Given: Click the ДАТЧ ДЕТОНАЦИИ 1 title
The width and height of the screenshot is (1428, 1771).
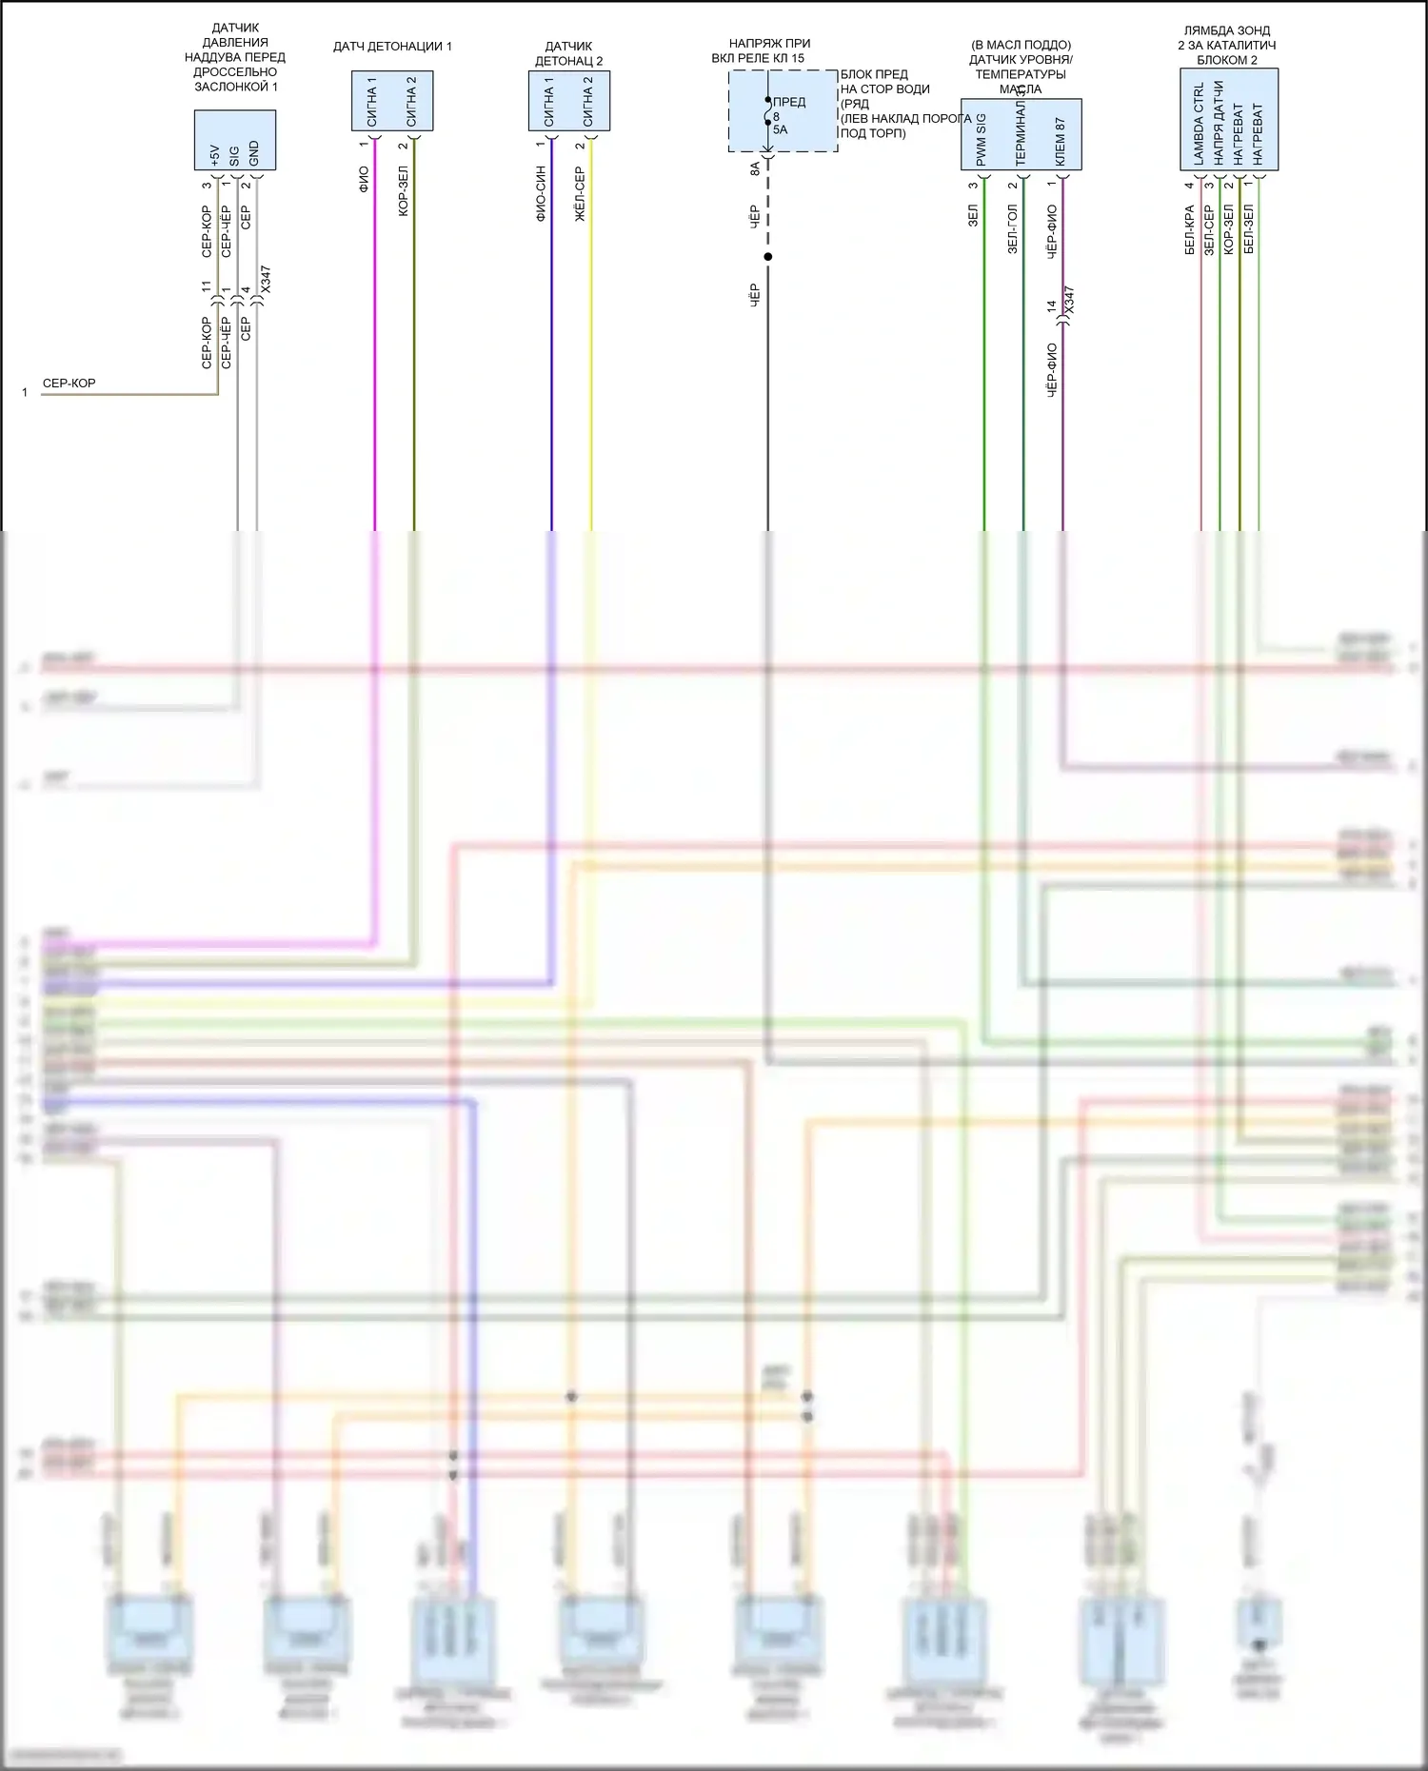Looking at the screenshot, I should (392, 47).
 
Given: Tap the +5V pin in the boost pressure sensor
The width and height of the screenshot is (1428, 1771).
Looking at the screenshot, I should (214, 154).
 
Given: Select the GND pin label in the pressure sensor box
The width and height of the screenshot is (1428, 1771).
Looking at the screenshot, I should (254, 153).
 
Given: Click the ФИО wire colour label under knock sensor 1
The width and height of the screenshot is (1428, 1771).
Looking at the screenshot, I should (364, 179).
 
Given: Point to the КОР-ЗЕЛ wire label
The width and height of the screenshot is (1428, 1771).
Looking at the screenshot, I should (404, 191).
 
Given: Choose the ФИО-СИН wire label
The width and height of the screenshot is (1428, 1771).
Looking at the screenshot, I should (541, 193).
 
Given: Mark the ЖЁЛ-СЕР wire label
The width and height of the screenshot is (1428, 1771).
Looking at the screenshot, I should (580, 194).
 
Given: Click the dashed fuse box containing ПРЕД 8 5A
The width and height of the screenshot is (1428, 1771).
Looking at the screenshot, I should (783, 110).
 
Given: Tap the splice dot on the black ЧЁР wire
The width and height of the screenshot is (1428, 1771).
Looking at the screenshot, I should (768, 257).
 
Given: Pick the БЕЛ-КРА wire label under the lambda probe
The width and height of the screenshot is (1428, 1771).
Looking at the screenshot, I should (1190, 229).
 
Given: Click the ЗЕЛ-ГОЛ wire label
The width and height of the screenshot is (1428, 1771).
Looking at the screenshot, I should (1012, 228).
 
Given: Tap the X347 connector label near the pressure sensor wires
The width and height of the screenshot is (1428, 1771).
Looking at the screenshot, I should (266, 279).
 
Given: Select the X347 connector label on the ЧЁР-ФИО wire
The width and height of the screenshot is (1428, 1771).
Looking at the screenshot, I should (1069, 300).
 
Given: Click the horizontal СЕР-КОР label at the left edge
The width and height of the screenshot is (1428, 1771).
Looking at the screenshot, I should (69, 384).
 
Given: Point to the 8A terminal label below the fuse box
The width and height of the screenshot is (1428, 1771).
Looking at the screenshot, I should (755, 167).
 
